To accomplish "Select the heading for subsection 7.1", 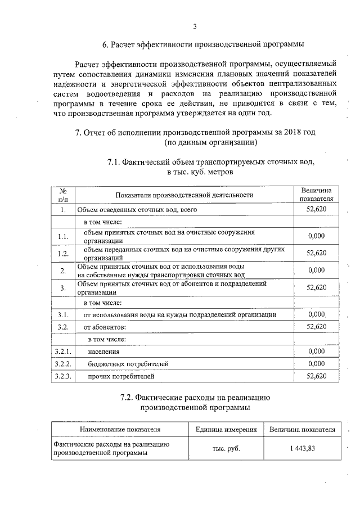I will (210, 167).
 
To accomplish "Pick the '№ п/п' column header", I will (63, 195).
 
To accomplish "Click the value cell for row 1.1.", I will (317, 236).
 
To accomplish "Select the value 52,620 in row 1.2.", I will (317, 253).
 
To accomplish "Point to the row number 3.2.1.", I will (63, 352).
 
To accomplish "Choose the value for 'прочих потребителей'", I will (317, 376).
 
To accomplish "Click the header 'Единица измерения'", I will (226, 430).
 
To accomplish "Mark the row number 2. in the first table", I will (63, 271).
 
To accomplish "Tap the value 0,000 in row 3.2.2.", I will (317, 364).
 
